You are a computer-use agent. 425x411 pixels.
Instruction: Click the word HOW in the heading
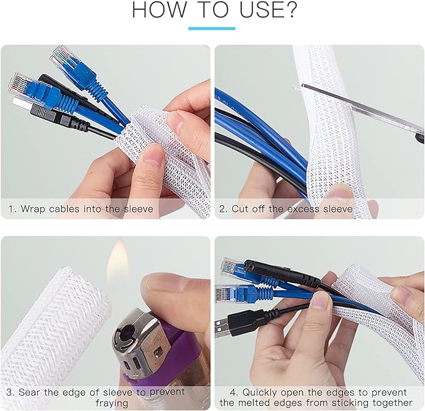(x=158, y=10)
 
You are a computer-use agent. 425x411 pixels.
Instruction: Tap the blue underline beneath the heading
(x=212, y=28)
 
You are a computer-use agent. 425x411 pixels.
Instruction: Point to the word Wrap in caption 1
(x=33, y=209)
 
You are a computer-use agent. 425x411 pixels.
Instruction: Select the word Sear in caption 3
(x=30, y=392)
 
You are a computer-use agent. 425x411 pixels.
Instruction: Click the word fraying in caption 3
(x=111, y=403)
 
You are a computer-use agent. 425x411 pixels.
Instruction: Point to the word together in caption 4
(x=392, y=403)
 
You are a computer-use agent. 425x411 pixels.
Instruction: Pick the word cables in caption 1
(x=64, y=209)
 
